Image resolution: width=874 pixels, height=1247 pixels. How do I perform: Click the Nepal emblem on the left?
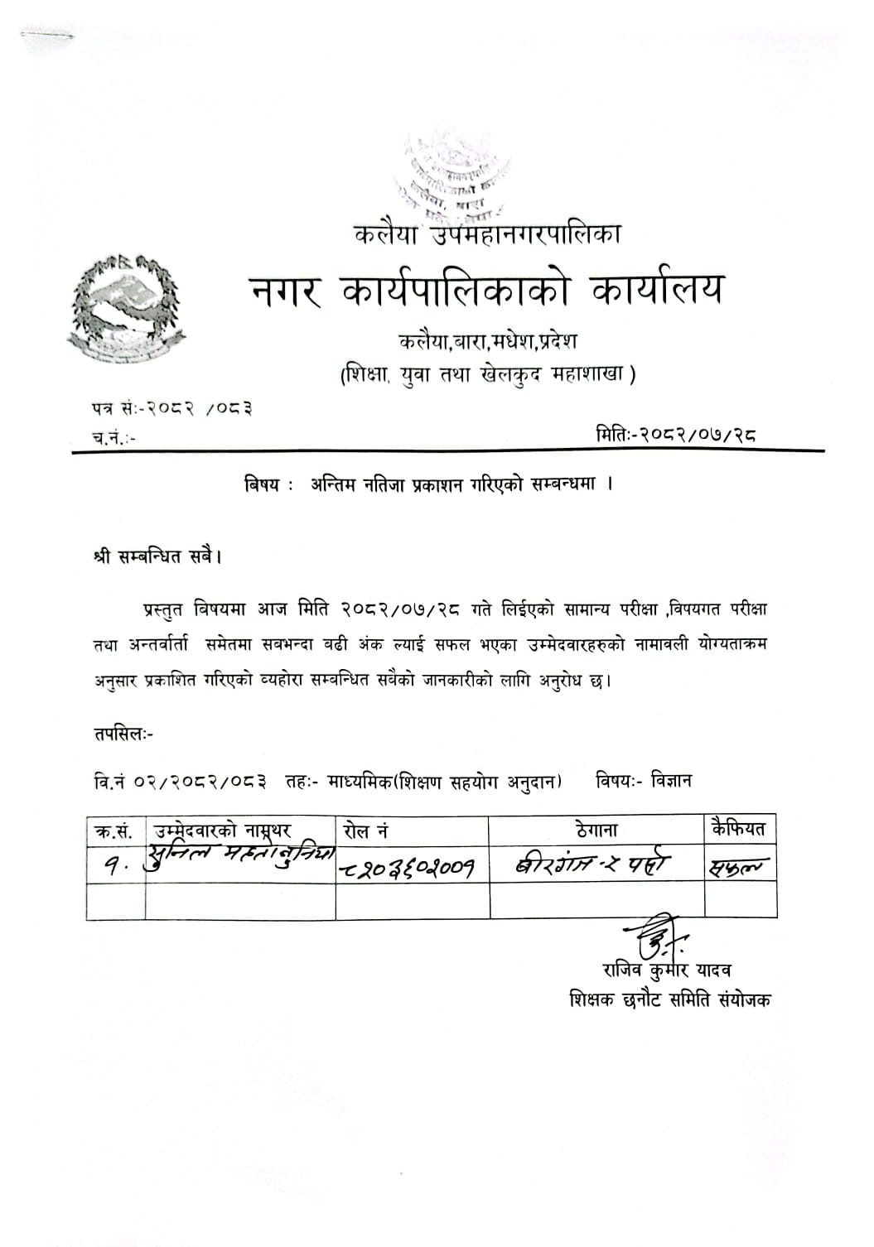[x=127, y=306]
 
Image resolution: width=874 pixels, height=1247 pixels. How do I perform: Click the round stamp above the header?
[x=451, y=175]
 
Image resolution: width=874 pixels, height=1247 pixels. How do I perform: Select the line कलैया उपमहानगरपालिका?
[x=487, y=234]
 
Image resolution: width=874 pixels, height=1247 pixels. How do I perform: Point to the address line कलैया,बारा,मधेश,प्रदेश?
[x=488, y=340]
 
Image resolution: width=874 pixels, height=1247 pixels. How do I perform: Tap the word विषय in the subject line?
[x=263, y=485]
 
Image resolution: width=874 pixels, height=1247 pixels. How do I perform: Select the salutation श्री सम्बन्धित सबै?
[x=157, y=556]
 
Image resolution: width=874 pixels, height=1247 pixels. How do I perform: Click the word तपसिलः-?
[x=123, y=733]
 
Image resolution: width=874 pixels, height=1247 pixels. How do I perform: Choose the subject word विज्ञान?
[x=671, y=780]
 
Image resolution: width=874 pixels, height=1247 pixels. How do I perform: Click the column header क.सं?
[x=114, y=829]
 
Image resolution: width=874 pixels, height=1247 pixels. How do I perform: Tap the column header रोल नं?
[x=365, y=830]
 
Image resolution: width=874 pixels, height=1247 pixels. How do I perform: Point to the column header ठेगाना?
[x=596, y=829]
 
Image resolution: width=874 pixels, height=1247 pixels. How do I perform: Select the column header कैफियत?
[x=739, y=828]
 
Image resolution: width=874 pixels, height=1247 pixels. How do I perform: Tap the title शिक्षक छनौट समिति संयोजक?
[x=669, y=999]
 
